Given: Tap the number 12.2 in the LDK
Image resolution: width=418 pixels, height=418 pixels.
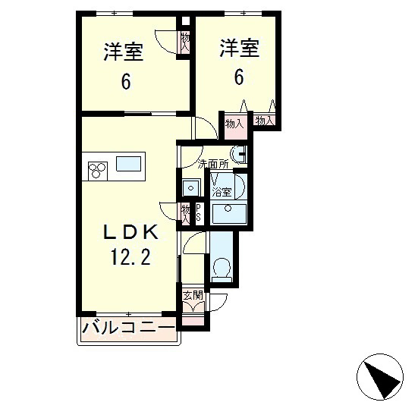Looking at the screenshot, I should point(125,259).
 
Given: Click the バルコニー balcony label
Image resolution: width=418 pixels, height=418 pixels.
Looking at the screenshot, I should point(127,328).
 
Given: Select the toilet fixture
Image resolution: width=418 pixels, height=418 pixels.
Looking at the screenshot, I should point(223,267).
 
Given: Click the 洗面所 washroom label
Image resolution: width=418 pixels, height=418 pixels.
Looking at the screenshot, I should point(212,163).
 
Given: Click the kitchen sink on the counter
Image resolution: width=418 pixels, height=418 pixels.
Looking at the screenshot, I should point(128,164).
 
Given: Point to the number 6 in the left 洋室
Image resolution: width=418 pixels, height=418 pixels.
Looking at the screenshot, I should point(125,81).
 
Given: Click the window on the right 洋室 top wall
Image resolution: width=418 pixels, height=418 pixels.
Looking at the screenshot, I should point(244,14).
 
